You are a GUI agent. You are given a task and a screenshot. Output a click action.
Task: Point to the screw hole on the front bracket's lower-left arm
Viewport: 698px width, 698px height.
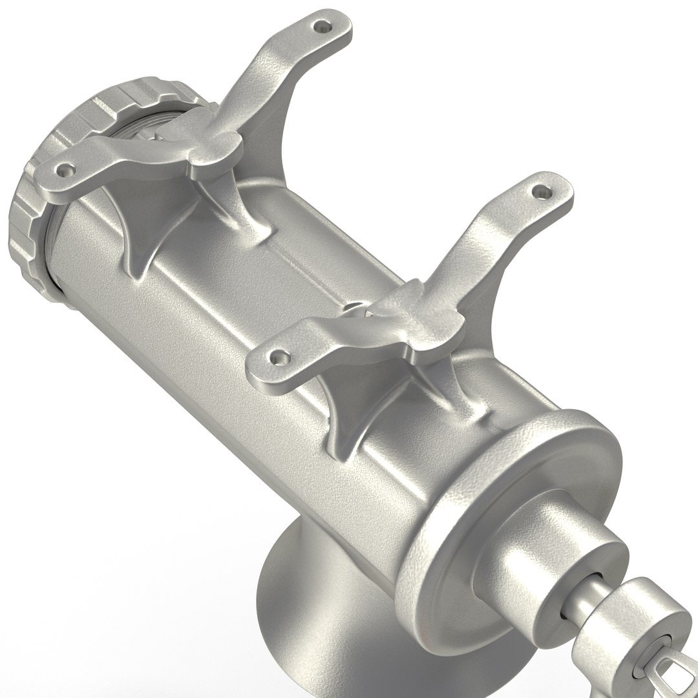[x=279, y=355]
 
